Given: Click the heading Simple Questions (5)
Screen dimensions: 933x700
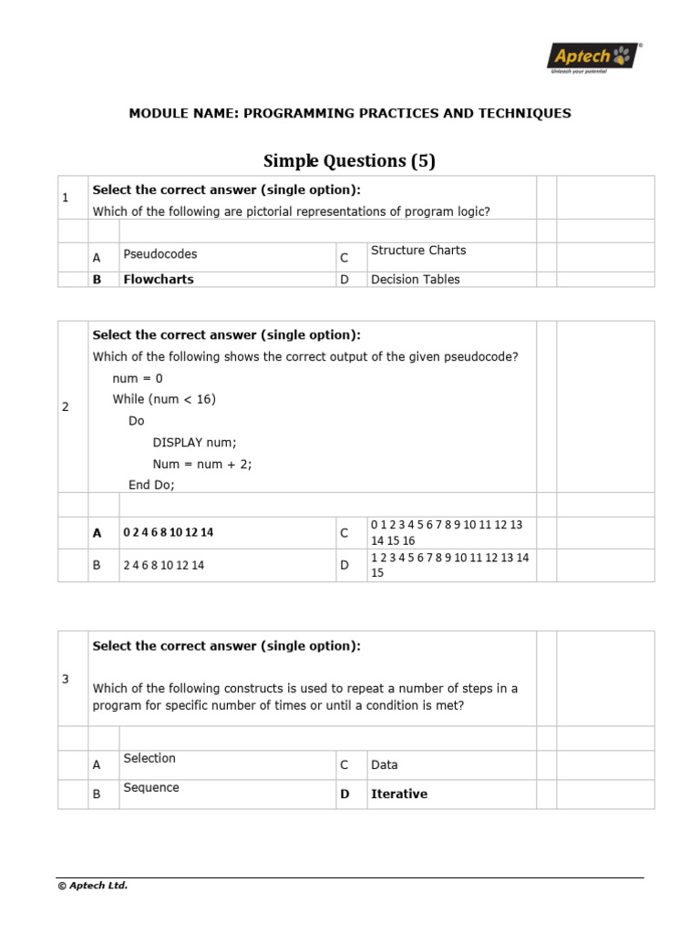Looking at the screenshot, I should [x=349, y=161].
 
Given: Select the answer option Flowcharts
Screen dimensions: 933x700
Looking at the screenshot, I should [x=158, y=280].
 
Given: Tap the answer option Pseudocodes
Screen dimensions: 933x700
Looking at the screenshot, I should [x=160, y=254].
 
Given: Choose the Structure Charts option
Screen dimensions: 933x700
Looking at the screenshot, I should [x=417, y=251].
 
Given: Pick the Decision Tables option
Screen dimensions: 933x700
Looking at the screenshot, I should [x=415, y=280].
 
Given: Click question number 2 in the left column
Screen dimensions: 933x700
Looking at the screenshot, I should [x=66, y=406].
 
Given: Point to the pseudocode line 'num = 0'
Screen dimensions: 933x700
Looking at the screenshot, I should [x=138, y=378].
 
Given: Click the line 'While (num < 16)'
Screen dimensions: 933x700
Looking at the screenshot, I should [x=164, y=399].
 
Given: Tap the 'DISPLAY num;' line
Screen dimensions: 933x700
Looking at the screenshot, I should [x=194, y=443].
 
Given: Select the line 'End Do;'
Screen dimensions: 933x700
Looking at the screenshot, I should [x=151, y=486].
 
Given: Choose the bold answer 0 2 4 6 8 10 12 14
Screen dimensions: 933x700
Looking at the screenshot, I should [x=168, y=533].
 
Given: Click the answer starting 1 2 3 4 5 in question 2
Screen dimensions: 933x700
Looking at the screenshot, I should [x=449, y=565].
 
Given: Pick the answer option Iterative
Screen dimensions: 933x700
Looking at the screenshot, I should [x=398, y=795].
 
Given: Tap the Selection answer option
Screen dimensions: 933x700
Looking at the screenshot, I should [x=149, y=758].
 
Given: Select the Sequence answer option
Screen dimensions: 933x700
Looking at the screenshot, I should [x=151, y=788].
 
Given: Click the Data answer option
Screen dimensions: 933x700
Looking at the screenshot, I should [x=384, y=765].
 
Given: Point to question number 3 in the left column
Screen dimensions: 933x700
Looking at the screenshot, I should [x=66, y=680].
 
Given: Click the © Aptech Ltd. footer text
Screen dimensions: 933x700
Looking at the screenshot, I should [x=92, y=886].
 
